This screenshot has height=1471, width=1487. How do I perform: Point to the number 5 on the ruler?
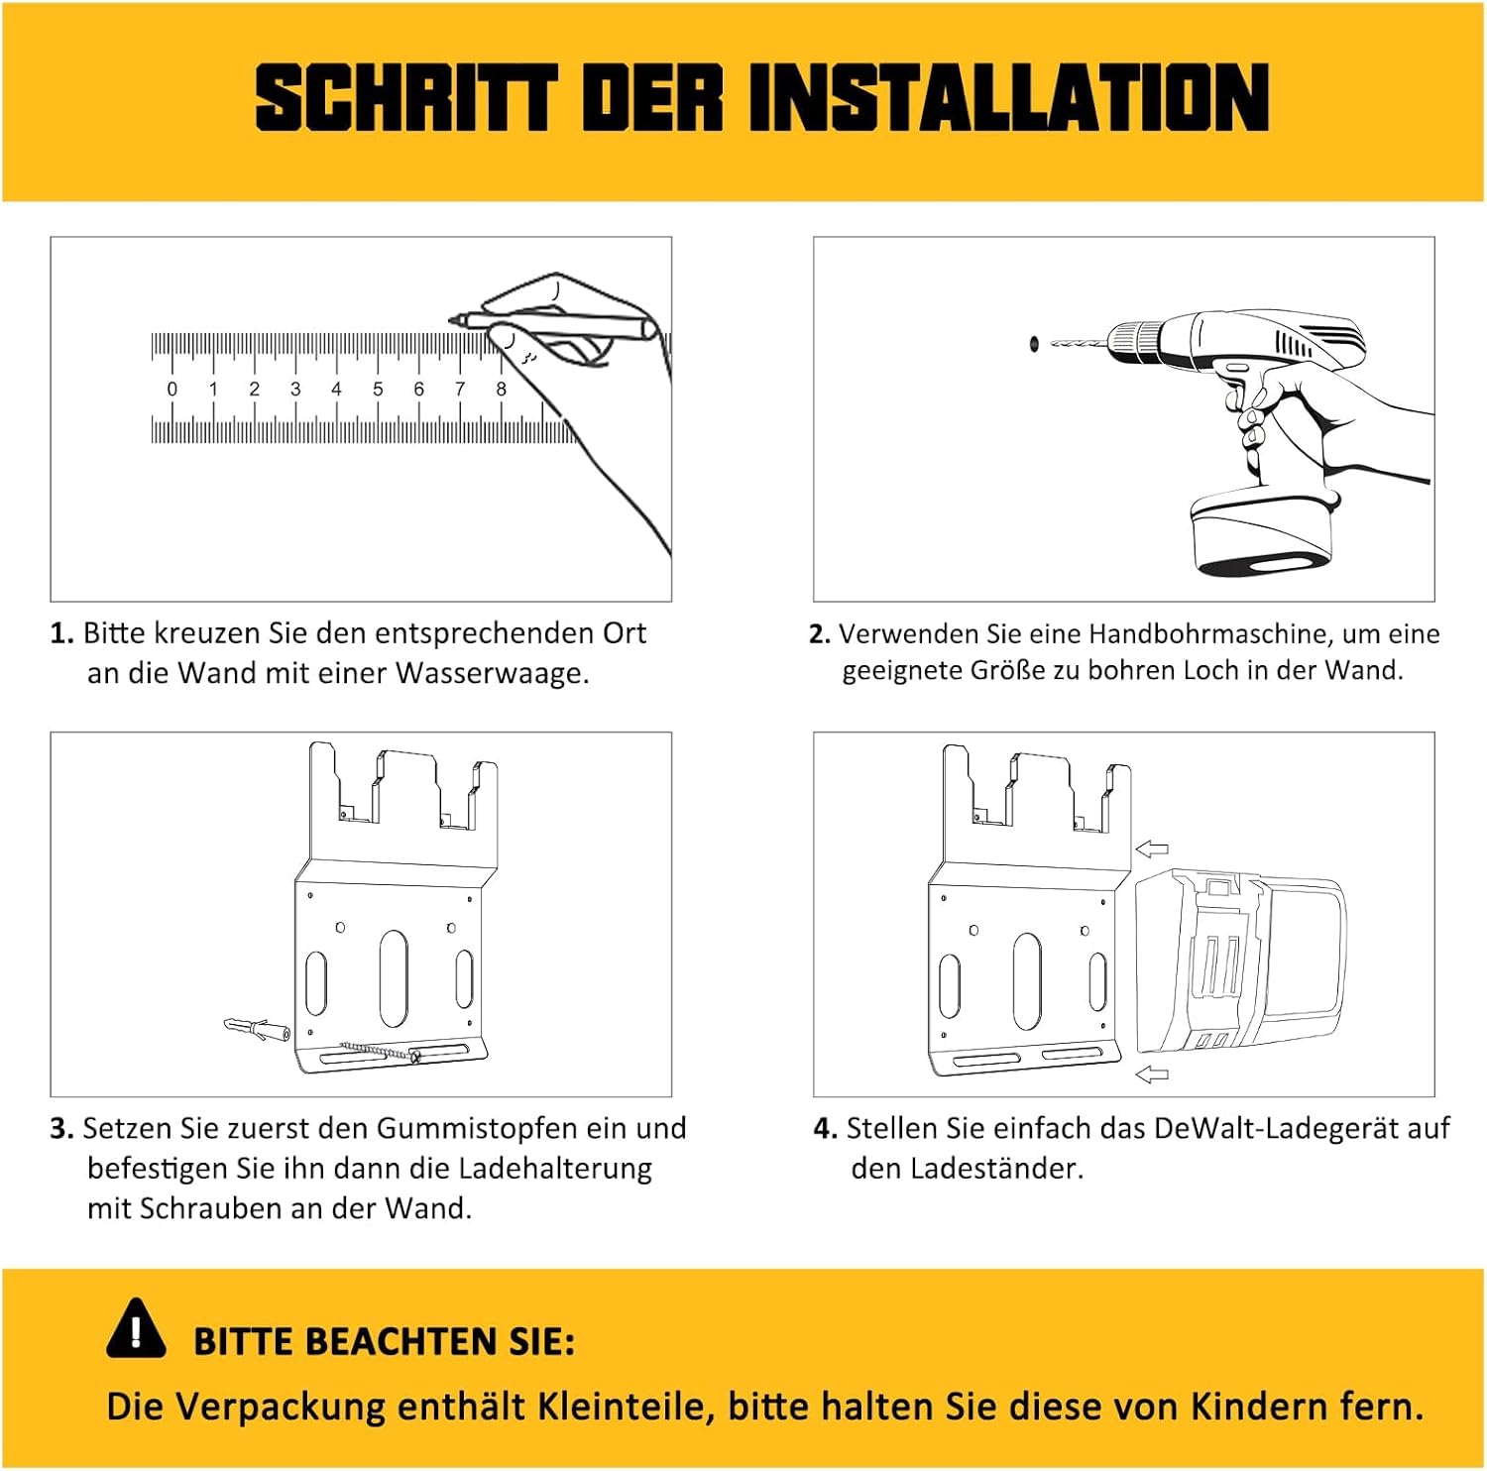378,390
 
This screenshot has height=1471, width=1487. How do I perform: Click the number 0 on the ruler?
172,390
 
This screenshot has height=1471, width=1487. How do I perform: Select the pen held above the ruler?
552,325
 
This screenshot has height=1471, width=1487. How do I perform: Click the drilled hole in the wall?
1034,343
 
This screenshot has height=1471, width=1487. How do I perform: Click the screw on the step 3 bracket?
381,1051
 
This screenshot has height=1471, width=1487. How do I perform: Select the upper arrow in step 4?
1152,849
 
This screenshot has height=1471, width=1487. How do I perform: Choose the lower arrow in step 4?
1152,1074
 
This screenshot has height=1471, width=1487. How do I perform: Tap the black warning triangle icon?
136,1327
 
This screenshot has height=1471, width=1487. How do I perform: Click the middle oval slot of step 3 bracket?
394,978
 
